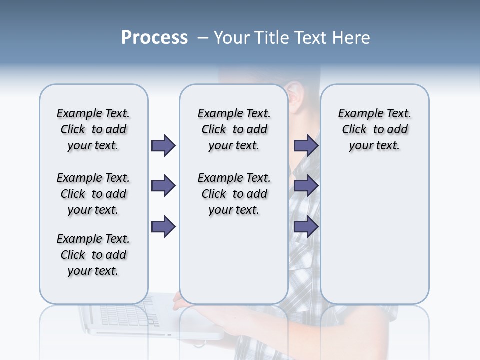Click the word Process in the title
pyautogui.click(x=154, y=38)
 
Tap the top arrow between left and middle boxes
pyautogui.click(x=163, y=145)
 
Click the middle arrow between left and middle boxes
pyautogui.click(x=163, y=186)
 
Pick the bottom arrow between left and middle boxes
pyautogui.click(x=163, y=227)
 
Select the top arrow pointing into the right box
pyautogui.click(x=306, y=145)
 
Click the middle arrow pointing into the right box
pyautogui.click(x=306, y=186)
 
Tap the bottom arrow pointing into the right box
pyautogui.click(x=306, y=227)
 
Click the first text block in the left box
pyautogui.click(x=93, y=129)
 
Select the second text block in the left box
pyautogui.click(x=93, y=194)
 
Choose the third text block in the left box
pyautogui.click(x=93, y=255)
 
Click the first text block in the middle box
pyautogui.click(x=234, y=129)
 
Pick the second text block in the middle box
pyautogui.click(x=234, y=194)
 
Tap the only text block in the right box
pyautogui.click(x=374, y=129)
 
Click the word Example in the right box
pyautogui.click(x=357, y=113)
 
